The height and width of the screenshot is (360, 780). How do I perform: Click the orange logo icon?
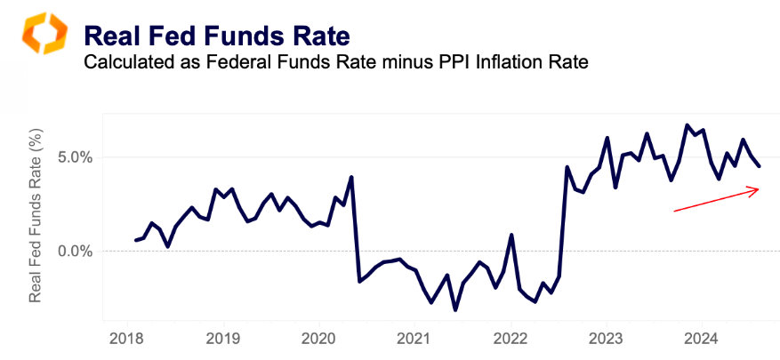[x=38, y=35]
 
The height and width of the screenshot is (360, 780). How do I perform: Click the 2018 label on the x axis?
[x=125, y=338]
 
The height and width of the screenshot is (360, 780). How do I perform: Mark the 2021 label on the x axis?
[x=414, y=338]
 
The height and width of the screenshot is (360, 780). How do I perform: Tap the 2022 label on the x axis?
[x=511, y=338]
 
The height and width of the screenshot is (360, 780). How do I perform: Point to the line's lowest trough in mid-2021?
[x=455, y=309]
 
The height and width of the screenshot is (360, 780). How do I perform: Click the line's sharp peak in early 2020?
[x=351, y=177]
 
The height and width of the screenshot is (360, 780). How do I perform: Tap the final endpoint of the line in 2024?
[x=759, y=166]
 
